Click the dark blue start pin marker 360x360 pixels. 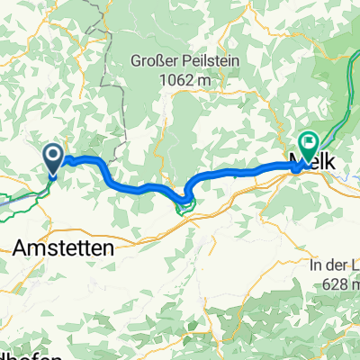53,159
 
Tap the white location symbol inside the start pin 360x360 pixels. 53,157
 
